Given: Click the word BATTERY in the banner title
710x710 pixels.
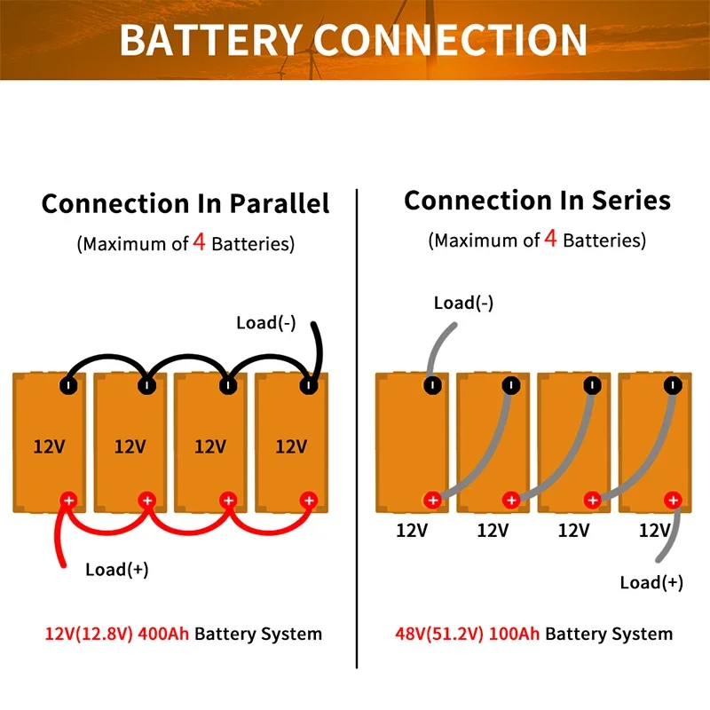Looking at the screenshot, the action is pyautogui.click(x=211, y=40).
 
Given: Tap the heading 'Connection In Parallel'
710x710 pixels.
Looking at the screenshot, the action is pyautogui.click(x=185, y=203).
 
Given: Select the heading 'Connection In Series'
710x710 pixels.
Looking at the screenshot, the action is pyautogui.click(x=537, y=201).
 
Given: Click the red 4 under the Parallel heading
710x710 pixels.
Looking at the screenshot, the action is pyautogui.click(x=199, y=241).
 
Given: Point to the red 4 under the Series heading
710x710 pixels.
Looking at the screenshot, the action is pyautogui.click(x=550, y=238).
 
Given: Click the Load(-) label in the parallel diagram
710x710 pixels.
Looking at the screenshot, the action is pyautogui.click(x=266, y=323).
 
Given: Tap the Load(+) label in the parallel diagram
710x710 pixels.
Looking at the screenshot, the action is pyautogui.click(x=117, y=569).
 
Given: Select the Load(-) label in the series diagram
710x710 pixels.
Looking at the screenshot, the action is pyautogui.click(x=463, y=303).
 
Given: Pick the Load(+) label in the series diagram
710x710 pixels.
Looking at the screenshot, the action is pyautogui.click(x=651, y=582).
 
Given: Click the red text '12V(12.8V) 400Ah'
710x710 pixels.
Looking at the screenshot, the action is pyautogui.click(x=117, y=634).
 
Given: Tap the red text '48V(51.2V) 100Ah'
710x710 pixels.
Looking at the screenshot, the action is pyautogui.click(x=468, y=634).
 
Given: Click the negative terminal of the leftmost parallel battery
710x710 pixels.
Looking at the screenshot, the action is pyautogui.click(x=68, y=386).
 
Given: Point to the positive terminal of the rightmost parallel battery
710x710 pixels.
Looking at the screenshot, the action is pyautogui.click(x=309, y=501).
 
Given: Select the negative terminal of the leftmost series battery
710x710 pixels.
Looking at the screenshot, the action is pyautogui.click(x=432, y=385).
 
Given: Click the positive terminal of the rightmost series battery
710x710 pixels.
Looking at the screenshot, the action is pyautogui.click(x=673, y=500).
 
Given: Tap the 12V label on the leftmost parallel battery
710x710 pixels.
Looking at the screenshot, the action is pyautogui.click(x=50, y=446).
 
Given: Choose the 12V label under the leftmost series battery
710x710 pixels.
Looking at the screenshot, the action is pyautogui.click(x=412, y=530).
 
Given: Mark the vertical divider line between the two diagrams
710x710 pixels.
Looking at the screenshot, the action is pyautogui.click(x=357, y=429).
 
